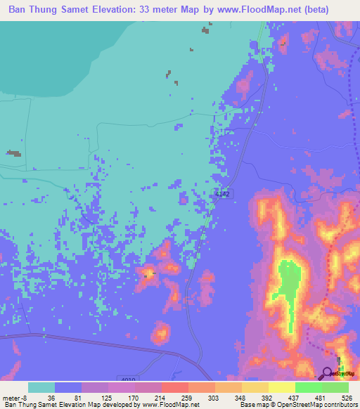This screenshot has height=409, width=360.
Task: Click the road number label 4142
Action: [x=223, y=195]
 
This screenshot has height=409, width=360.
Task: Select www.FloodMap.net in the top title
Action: [x=245, y=10]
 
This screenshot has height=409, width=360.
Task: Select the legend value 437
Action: [x=295, y=397]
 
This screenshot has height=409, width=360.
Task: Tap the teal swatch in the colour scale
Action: [x=41, y=387]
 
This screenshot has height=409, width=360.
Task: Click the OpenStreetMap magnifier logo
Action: [x=328, y=373]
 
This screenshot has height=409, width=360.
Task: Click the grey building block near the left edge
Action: [x=13, y=152]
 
